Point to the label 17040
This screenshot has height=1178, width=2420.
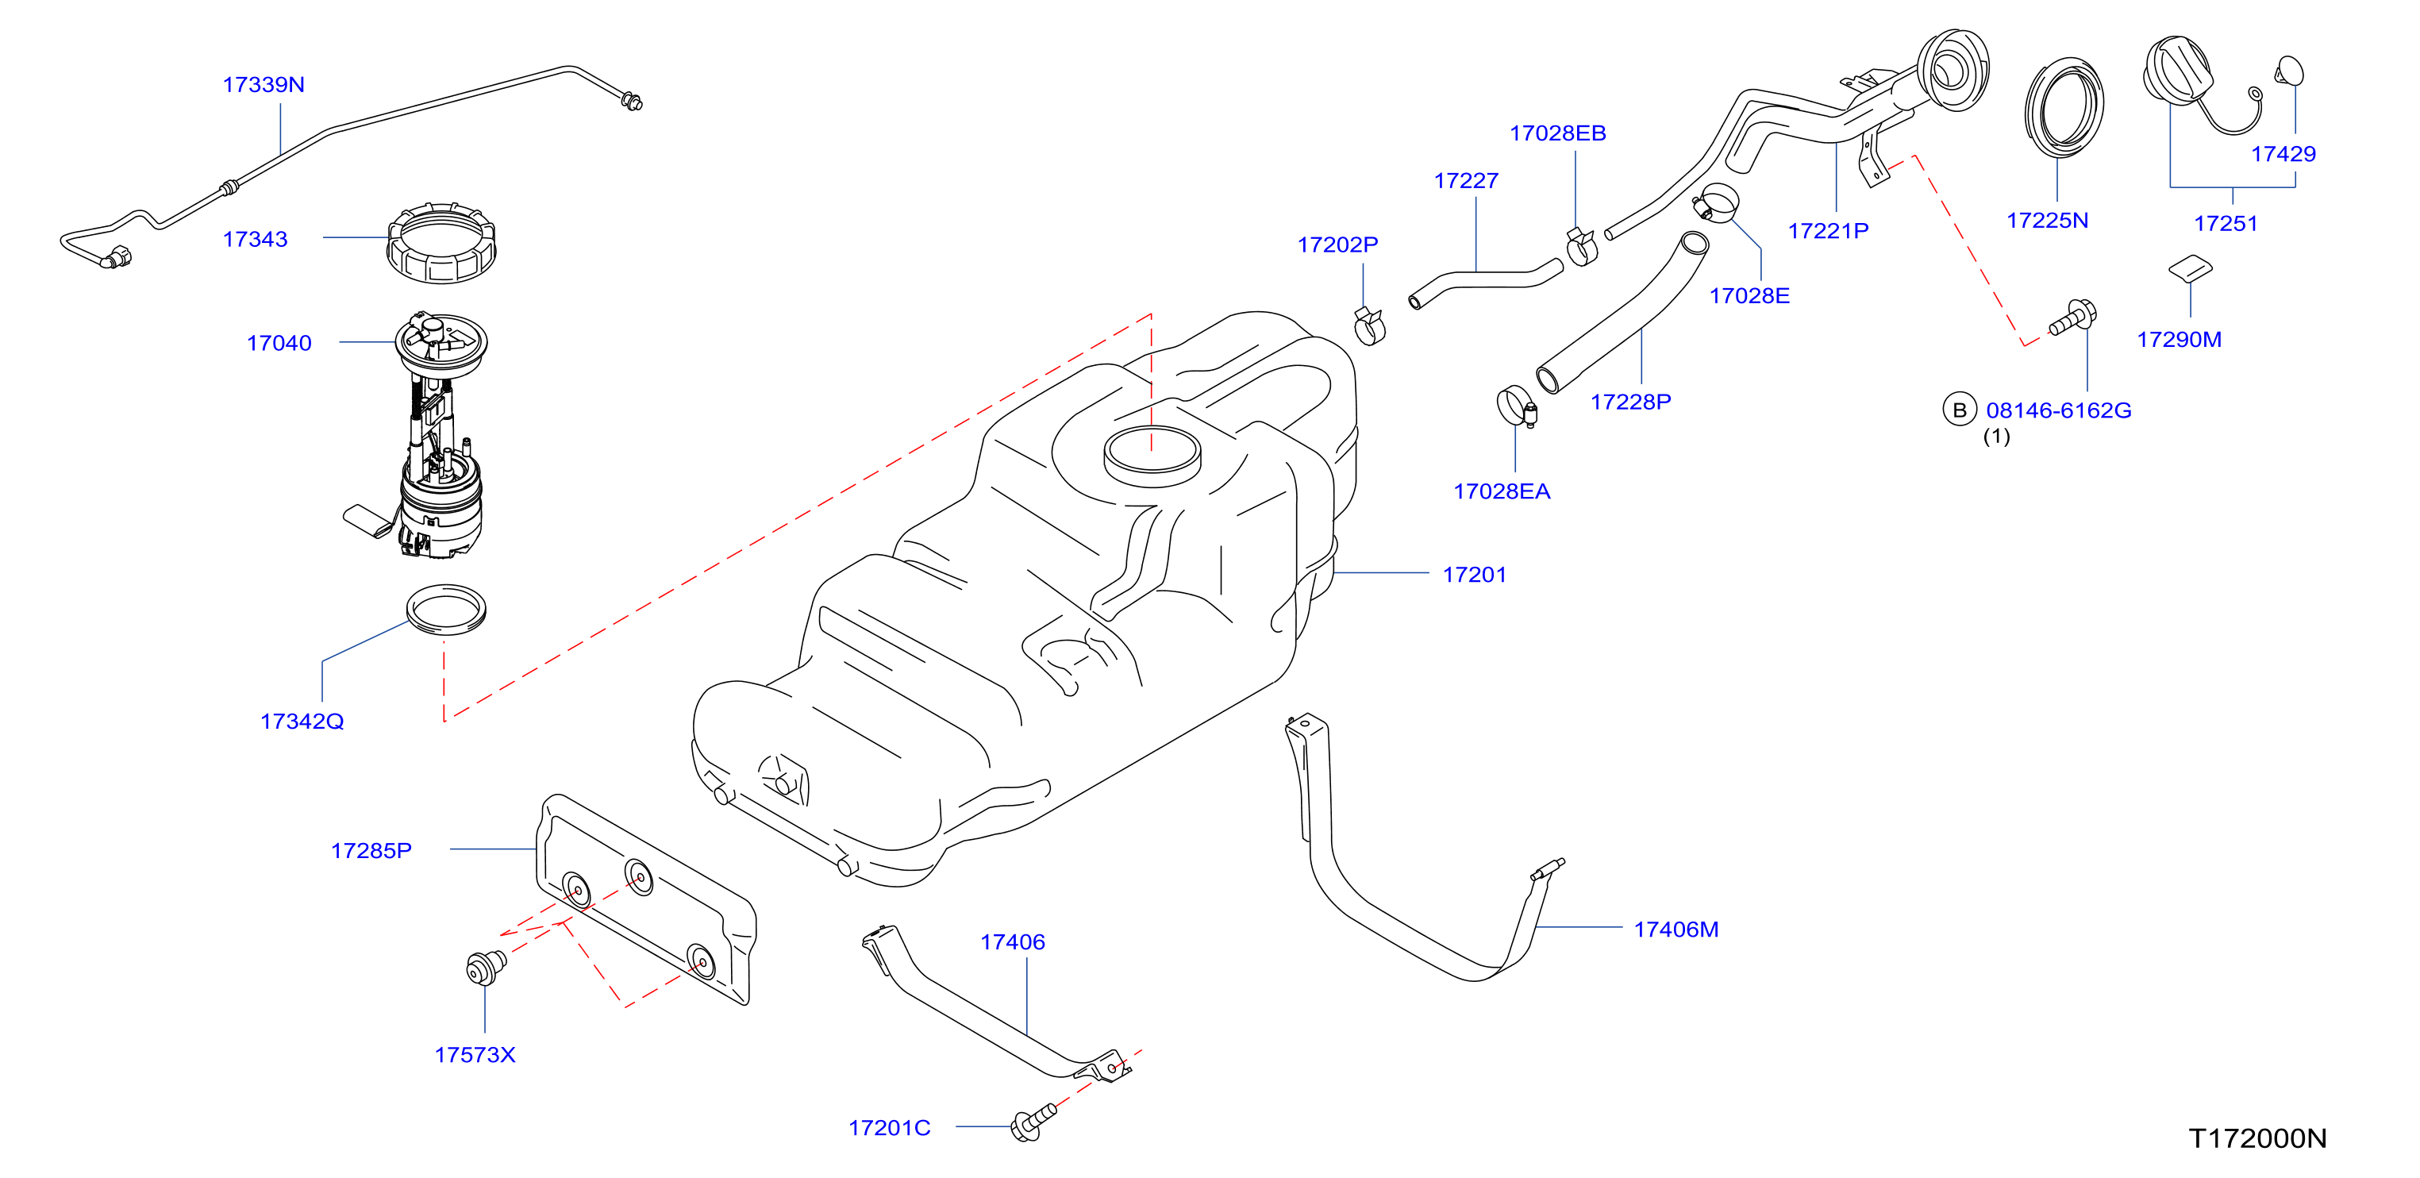279,343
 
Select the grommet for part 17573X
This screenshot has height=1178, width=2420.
485,966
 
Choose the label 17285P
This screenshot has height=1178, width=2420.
371,850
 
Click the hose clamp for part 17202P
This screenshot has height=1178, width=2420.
1370,326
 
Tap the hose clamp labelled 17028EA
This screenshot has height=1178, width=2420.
1516,406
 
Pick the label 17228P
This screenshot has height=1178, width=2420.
1631,402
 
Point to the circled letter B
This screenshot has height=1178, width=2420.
1960,410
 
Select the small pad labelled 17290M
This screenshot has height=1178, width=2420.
2190,268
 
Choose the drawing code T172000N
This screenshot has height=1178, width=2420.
2258,1138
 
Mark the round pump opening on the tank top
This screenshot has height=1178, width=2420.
1152,455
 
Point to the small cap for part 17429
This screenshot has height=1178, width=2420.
2289,71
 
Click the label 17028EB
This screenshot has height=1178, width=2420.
1557,133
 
